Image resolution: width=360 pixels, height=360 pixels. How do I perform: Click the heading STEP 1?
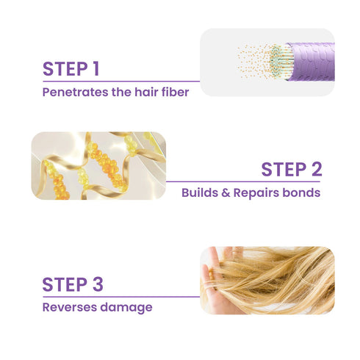tap(71, 69)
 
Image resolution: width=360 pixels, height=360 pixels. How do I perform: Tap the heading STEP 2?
tap(292, 170)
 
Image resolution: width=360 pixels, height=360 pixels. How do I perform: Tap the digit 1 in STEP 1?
tap(96, 69)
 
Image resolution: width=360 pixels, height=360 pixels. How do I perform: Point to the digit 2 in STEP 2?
tap(315, 170)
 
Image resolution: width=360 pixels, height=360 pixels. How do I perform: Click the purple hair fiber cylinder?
tap(309, 61)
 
